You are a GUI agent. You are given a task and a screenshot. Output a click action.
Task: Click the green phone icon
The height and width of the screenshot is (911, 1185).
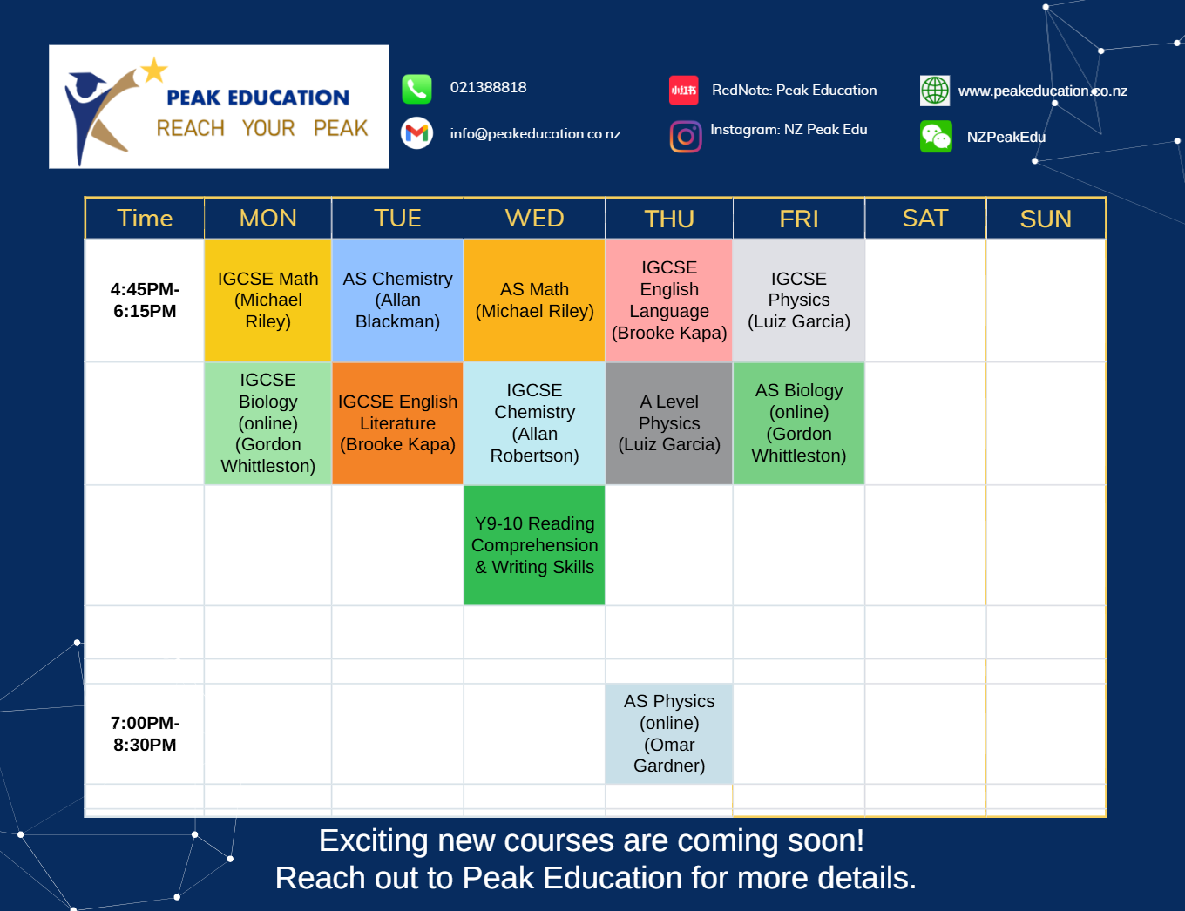click(416, 90)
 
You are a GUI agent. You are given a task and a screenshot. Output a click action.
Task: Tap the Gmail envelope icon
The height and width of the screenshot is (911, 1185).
click(416, 133)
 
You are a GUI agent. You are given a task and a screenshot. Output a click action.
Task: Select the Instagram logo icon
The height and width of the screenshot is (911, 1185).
click(686, 136)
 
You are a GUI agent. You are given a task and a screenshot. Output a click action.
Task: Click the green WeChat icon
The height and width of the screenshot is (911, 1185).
click(936, 136)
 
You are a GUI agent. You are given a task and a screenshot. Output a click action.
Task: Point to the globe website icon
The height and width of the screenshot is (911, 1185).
click(935, 91)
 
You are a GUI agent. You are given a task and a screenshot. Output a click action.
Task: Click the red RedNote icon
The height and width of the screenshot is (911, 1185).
click(684, 90)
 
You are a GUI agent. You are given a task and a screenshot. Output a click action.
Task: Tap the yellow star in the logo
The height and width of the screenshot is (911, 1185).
click(154, 71)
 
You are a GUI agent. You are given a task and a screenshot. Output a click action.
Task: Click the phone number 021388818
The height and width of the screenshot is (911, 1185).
click(488, 87)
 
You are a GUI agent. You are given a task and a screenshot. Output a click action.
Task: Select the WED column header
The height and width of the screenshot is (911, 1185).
click(534, 219)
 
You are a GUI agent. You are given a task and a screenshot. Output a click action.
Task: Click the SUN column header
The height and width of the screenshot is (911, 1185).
click(1046, 219)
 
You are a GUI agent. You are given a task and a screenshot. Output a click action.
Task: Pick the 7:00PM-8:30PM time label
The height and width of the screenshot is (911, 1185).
click(145, 733)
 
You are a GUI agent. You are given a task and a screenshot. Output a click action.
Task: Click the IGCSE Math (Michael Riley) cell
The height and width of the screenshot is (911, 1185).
click(267, 300)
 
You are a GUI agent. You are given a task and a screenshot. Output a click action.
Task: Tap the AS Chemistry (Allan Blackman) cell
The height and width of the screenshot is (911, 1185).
click(397, 300)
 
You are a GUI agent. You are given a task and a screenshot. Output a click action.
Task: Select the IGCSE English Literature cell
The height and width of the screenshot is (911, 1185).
click(397, 423)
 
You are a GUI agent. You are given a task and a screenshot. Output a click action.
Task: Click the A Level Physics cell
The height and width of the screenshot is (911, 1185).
click(669, 423)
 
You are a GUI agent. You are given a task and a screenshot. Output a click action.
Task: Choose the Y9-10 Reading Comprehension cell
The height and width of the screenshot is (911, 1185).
click(534, 545)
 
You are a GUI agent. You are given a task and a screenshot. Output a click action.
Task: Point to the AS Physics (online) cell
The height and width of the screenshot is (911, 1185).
click(669, 733)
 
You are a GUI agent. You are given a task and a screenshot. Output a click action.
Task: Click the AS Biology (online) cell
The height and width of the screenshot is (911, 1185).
click(799, 423)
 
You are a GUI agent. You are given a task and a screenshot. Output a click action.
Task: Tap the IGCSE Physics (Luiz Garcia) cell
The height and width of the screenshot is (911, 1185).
click(799, 300)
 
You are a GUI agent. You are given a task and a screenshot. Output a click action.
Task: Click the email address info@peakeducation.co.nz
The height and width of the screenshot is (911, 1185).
click(535, 134)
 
